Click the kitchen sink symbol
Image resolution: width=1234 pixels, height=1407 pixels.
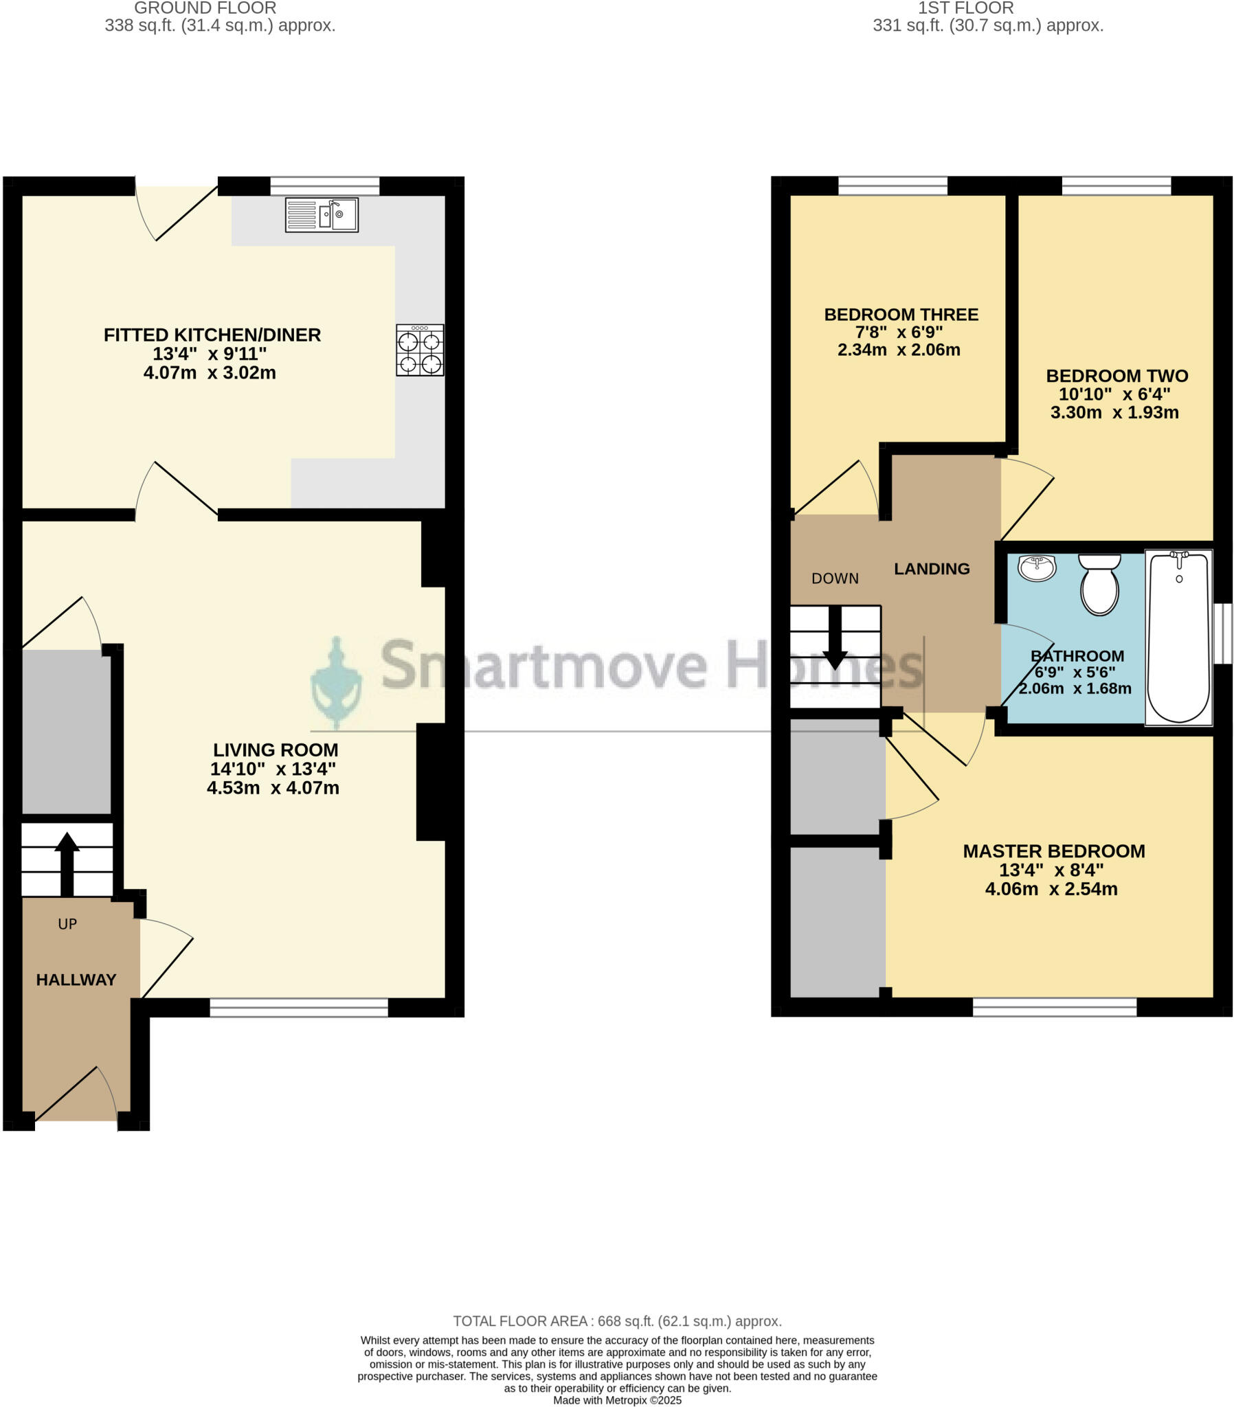click(x=322, y=215)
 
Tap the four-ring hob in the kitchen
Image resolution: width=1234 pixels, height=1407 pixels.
click(x=419, y=350)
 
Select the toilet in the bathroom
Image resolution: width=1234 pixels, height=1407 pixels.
click(x=1099, y=584)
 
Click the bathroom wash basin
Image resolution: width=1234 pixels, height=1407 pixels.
click(x=1036, y=569)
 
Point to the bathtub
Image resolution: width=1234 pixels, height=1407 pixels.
click(x=1178, y=637)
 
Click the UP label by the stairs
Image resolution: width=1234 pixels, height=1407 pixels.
click(x=67, y=924)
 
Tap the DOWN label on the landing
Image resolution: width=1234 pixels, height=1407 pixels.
click(x=835, y=578)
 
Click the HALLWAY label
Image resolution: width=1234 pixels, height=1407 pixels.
click(x=76, y=980)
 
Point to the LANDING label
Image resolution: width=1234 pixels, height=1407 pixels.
click(x=931, y=569)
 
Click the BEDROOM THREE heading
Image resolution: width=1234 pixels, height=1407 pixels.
click(x=901, y=315)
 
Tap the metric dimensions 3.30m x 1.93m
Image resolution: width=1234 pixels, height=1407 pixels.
click(x=1114, y=412)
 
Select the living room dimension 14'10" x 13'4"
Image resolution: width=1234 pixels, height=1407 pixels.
click(x=273, y=769)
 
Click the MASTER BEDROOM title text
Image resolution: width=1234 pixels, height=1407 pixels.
click(x=1053, y=851)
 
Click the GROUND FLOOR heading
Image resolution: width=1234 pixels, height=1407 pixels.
click(x=205, y=8)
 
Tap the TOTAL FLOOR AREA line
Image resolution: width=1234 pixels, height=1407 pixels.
click(x=617, y=1321)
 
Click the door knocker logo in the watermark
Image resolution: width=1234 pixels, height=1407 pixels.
click(x=336, y=683)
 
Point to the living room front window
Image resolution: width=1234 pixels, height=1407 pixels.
click(x=299, y=1008)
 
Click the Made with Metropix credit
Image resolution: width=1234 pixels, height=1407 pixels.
click(x=617, y=1400)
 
